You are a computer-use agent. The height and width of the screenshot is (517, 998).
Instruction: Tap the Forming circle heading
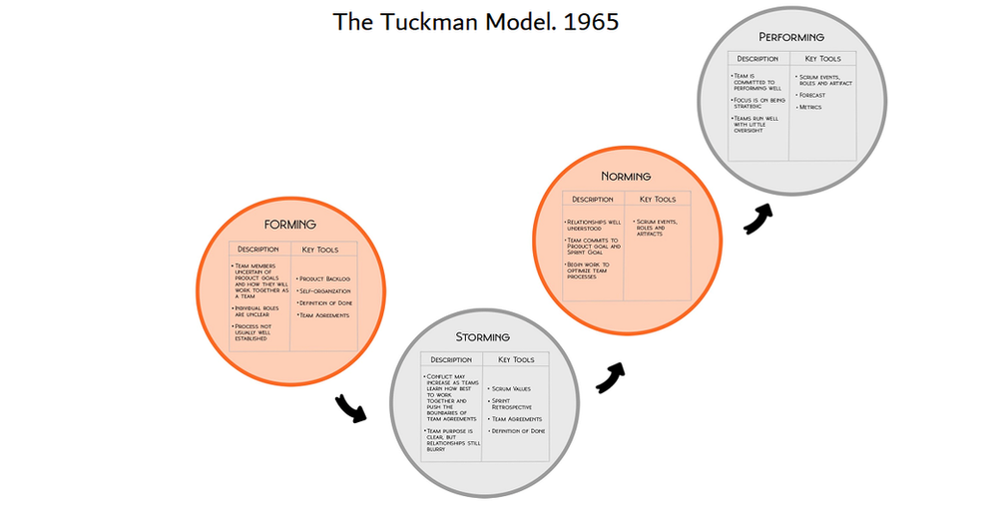(290, 225)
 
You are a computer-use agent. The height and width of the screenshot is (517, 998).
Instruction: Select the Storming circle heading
(482, 337)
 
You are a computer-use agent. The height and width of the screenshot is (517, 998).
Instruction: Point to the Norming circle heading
(627, 177)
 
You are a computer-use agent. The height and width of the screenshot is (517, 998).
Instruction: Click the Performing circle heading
(791, 37)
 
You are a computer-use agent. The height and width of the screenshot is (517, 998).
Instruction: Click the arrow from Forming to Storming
(350, 407)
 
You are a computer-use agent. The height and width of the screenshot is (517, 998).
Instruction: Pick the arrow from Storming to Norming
(611, 375)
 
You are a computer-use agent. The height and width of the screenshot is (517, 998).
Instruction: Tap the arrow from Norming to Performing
(759, 218)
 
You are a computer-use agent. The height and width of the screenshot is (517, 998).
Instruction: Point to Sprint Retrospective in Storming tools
(512, 404)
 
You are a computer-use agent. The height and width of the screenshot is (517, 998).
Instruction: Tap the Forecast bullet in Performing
(811, 95)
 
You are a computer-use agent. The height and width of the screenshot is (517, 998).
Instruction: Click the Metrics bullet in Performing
(809, 107)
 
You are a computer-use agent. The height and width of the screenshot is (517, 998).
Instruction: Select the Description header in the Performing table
(757, 59)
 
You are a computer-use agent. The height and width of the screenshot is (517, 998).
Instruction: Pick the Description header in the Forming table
(257, 249)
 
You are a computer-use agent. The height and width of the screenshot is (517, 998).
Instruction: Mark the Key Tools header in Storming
(516, 359)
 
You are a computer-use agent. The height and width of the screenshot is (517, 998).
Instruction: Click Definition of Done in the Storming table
(518, 431)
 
